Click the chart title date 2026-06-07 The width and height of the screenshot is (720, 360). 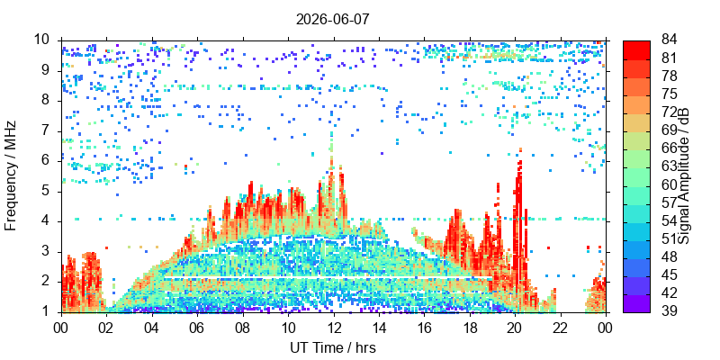click(332, 19)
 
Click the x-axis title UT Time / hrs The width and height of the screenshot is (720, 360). click(333, 348)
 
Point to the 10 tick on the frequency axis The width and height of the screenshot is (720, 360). click(49, 40)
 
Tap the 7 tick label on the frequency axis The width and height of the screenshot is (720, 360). click(52, 131)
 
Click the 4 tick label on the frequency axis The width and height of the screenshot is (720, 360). click(52, 221)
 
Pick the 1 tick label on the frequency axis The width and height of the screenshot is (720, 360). click(52, 311)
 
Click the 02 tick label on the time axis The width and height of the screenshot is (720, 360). click(107, 327)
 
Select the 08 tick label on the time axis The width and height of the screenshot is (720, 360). click(243, 327)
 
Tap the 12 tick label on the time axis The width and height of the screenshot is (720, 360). click(334, 327)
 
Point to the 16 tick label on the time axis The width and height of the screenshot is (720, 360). click(424, 327)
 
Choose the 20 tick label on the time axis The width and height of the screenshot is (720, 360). click(515, 327)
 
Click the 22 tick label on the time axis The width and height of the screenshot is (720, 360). click(561, 327)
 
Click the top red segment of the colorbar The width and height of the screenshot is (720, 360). click(636, 50)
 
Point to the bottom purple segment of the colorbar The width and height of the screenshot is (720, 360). click(636, 303)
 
